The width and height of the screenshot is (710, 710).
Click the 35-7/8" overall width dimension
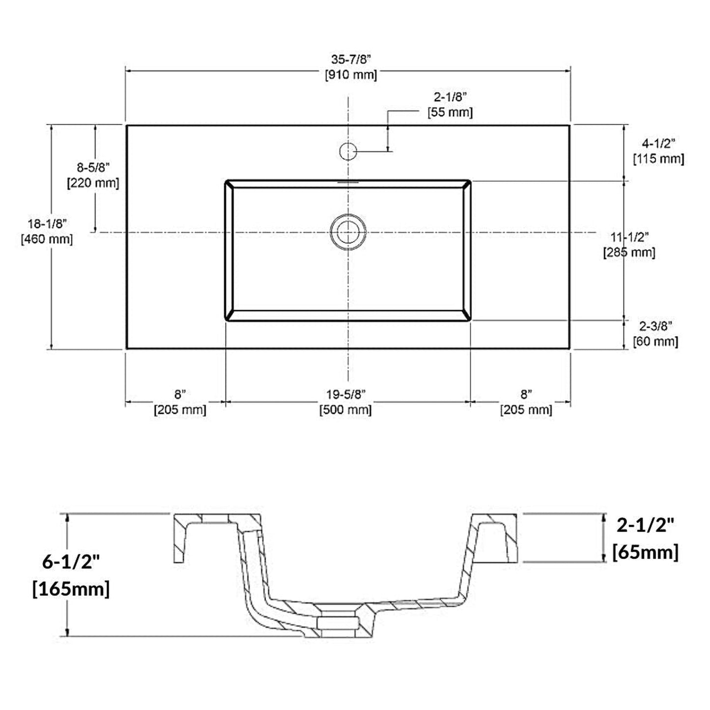[350, 59]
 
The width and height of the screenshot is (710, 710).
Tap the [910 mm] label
[350, 75]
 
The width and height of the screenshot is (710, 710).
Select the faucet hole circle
[348, 151]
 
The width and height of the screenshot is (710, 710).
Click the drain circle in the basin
[348, 231]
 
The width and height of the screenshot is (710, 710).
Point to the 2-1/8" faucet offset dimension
[450, 97]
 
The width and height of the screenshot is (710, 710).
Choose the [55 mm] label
[450, 113]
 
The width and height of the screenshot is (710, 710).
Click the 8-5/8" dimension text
[93, 168]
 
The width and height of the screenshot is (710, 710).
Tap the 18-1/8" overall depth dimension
[47, 224]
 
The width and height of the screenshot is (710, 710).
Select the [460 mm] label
[47, 240]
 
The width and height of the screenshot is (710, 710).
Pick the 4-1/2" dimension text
[658, 143]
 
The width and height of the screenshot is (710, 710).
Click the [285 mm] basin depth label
[629, 253]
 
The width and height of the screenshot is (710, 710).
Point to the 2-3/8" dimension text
[655, 325]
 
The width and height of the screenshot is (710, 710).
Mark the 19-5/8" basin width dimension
[346, 394]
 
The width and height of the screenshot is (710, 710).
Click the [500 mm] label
[345, 410]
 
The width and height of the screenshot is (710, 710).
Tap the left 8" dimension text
[180, 394]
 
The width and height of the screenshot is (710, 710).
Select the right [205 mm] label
[526, 410]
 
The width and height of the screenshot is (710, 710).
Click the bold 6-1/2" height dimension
[71, 561]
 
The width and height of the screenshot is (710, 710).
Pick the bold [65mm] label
[645, 552]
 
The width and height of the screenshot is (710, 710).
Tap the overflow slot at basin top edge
[348, 181]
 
